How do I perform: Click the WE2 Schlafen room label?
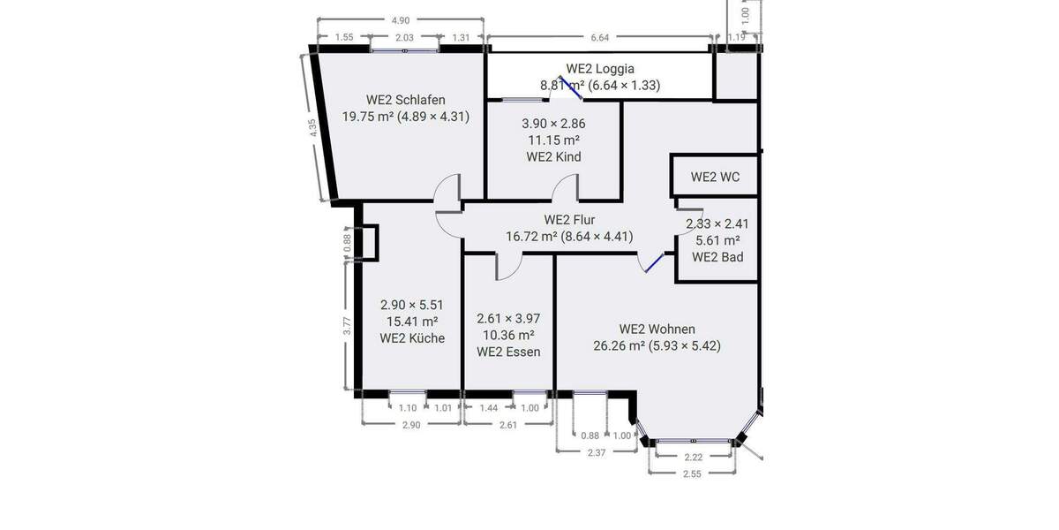(405, 100)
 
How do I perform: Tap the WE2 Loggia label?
(600, 69)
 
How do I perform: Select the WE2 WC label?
(715, 177)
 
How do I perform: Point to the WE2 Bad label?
(717, 257)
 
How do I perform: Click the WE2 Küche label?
(412, 337)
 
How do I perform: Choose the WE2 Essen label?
(508, 352)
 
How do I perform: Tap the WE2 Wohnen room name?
(657, 329)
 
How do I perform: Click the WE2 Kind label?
(553, 157)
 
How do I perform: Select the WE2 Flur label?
(569, 220)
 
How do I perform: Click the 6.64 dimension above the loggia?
(600, 37)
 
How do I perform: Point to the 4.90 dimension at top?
(401, 20)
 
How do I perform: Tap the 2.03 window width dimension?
(404, 37)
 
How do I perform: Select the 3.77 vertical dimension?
(348, 325)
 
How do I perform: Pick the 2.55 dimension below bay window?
(692, 473)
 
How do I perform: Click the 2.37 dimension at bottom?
(597, 452)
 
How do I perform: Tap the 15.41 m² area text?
(412, 322)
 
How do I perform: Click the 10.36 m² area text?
(508, 336)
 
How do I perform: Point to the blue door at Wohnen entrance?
(653, 263)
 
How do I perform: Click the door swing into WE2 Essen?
(509, 266)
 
